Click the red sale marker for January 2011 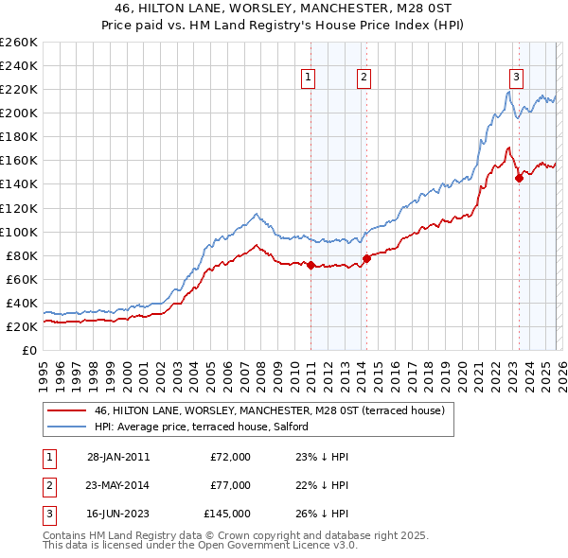(x=311, y=265)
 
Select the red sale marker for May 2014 (x=366, y=259)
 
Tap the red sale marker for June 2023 (x=519, y=178)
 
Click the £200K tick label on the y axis (x=18, y=113)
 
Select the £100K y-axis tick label (x=18, y=232)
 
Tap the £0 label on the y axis (x=28, y=350)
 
